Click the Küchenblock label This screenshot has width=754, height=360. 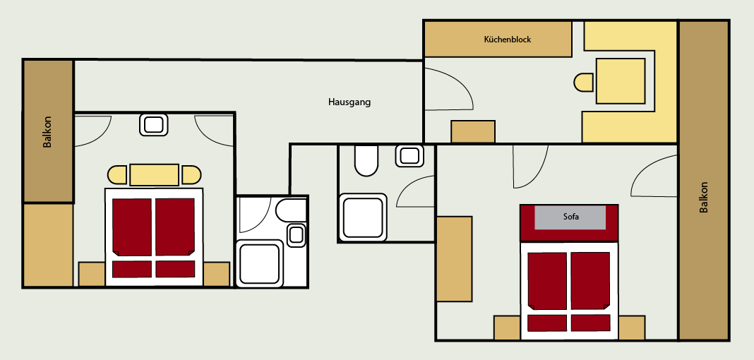pyautogui.click(x=507, y=40)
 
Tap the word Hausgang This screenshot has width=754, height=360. pyautogui.click(x=349, y=102)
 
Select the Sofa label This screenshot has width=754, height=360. pyautogui.click(x=570, y=217)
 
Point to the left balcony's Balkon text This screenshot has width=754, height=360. pyautogui.click(x=47, y=132)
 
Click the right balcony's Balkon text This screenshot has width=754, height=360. pyautogui.click(x=703, y=198)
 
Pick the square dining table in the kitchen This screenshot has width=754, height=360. pyautogui.click(x=621, y=81)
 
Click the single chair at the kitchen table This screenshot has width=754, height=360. pyautogui.click(x=584, y=82)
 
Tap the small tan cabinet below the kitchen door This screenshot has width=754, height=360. pyautogui.click(x=473, y=132)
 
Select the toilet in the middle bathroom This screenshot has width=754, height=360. pyautogui.click(x=366, y=161)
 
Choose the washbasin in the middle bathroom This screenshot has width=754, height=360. pyautogui.click(x=410, y=155)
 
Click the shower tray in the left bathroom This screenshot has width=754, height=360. pyautogui.click(x=259, y=263)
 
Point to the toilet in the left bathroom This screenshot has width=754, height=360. pyautogui.click(x=292, y=210)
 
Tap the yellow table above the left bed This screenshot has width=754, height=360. pyautogui.click(x=155, y=174)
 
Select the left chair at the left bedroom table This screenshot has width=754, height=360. pyautogui.click(x=117, y=174)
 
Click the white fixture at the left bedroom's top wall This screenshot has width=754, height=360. pyautogui.click(x=154, y=125)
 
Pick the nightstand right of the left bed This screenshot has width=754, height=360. pyautogui.click(x=217, y=274)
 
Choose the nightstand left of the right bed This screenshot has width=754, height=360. pyautogui.click(x=507, y=328)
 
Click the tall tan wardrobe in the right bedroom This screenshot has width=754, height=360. pyautogui.click(x=454, y=258)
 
